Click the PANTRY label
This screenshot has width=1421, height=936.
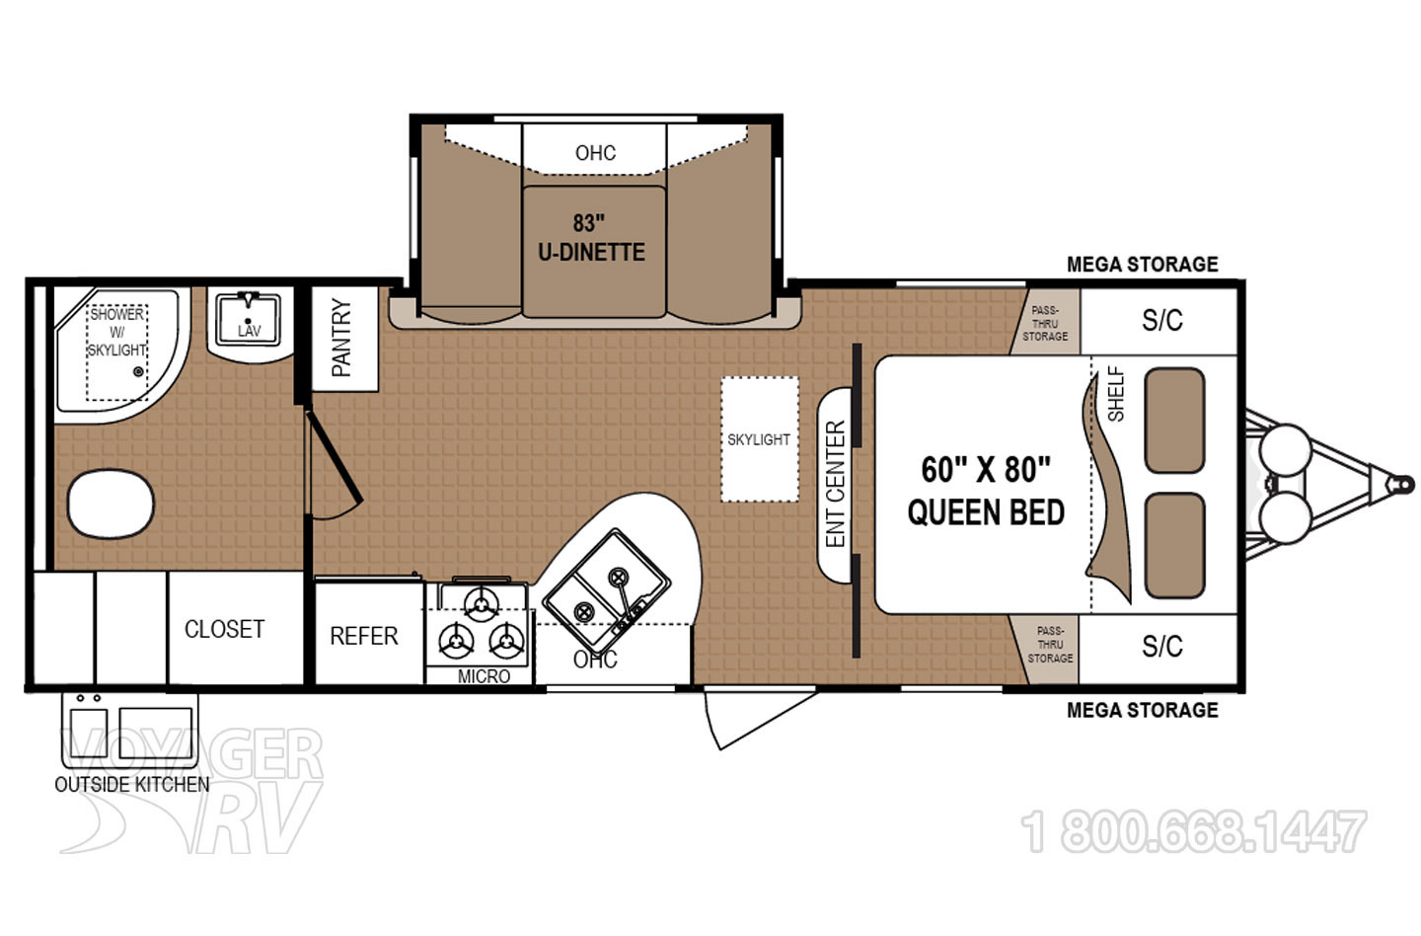pyautogui.click(x=341, y=338)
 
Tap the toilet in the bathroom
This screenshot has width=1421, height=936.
pyautogui.click(x=112, y=503)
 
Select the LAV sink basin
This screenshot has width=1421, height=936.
pyautogui.click(x=249, y=319)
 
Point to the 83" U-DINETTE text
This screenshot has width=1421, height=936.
pyautogui.click(x=591, y=238)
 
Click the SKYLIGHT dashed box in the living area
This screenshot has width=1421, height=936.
pyautogui.click(x=759, y=439)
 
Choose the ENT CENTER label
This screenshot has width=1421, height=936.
pyautogui.click(x=836, y=484)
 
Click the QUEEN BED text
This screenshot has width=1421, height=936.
pyautogui.click(x=986, y=512)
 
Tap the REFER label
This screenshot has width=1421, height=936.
pyautogui.click(x=363, y=636)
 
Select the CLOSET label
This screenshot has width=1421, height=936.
pyautogui.click(x=224, y=629)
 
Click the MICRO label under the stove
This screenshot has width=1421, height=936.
pyautogui.click(x=484, y=676)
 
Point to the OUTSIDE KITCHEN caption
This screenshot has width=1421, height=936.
pyautogui.click(x=131, y=784)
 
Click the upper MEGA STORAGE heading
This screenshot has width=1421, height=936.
pyautogui.click(x=1142, y=265)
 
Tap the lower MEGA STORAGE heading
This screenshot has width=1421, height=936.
pyautogui.click(x=1142, y=710)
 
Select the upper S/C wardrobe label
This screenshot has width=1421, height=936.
pyautogui.click(x=1161, y=320)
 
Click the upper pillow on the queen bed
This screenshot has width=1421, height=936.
pyautogui.click(x=1174, y=421)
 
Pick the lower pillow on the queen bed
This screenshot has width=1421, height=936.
pyautogui.click(x=1174, y=546)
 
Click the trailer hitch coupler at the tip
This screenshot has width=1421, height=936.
pyautogui.click(x=1396, y=484)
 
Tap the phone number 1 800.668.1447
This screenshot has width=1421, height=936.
pyautogui.click(x=1194, y=832)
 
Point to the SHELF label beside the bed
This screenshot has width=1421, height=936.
pyautogui.click(x=1116, y=394)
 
